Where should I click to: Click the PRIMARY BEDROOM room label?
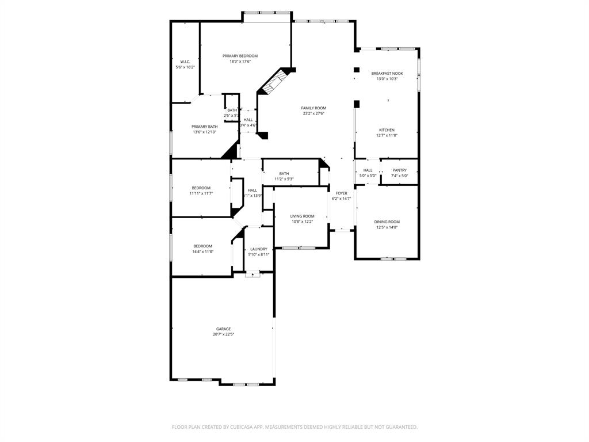pyautogui.click(x=240, y=56)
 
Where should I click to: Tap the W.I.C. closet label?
pyautogui.click(x=185, y=62)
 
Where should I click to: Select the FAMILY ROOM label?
pyautogui.click(x=313, y=108)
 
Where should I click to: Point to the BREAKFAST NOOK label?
pyautogui.click(x=387, y=74)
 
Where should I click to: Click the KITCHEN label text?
pyautogui.click(x=387, y=130)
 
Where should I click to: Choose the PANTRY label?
pyautogui.click(x=399, y=170)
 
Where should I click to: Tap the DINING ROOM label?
pyautogui.click(x=387, y=222)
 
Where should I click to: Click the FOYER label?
pyautogui.click(x=341, y=193)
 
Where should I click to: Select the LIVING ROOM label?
pyautogui.click(x=302, y=216)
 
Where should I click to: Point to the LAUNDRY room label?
pyautogui.click(x=258, y=249)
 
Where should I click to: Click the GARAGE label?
pyautogui.click(x=223, y=329)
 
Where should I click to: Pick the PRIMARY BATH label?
pyautogui.click(x=205, y=127)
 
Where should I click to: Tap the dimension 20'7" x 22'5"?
pyautogui.click(x=223, y=334)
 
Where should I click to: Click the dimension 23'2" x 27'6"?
pyautogui.click(x=313, y=113)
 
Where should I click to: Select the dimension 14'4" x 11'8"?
pyautogui.click(x=202, y=252)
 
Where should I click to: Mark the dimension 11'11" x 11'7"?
pyautogui.click(x=201, y=193)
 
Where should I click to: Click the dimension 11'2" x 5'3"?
pyautogui.click(x=284, y=179)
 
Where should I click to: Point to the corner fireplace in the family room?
pyautogui.click(x=275, y=81)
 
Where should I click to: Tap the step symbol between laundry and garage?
pyautogui.click(x=253, y=275)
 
